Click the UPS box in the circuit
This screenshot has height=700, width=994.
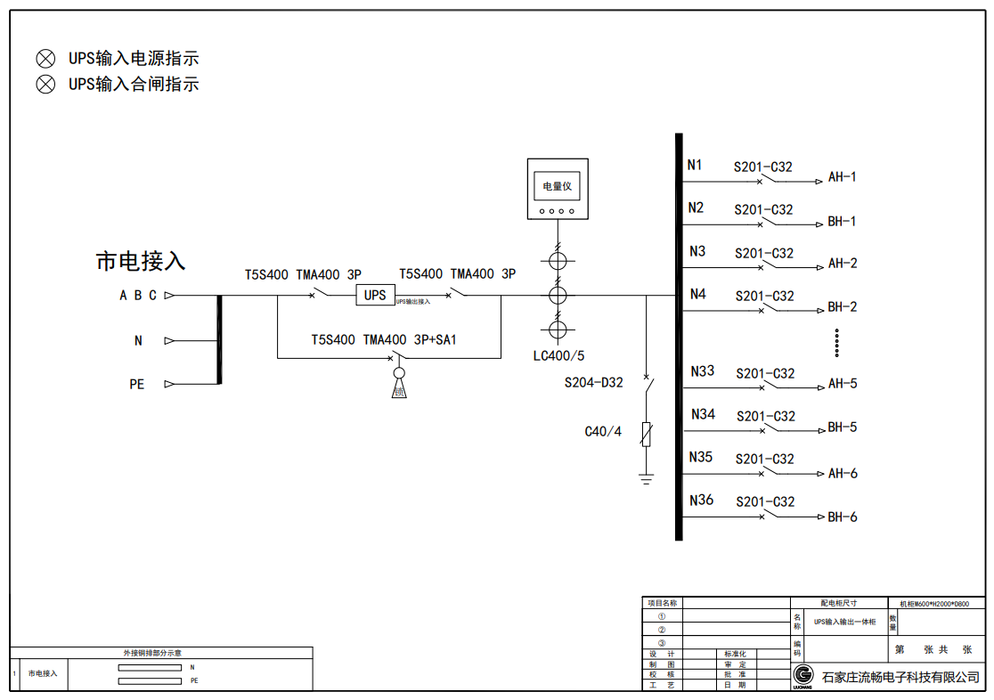(375, 295)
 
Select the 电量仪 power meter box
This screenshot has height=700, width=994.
(558, 189)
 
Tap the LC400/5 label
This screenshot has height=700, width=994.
(559, 356)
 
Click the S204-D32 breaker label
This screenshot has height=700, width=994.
(594, 383)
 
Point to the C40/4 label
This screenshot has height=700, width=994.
(603, 432)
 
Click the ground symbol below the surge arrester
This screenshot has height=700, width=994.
(647, 480)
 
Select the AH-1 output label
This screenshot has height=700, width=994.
(843, 177)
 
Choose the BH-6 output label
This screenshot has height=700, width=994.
(843, 517)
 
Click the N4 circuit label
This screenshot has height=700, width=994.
(698, 294)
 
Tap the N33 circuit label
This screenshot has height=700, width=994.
(703, 371)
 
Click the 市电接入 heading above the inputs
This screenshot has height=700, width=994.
(141, 261)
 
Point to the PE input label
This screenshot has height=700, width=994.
(137, 385)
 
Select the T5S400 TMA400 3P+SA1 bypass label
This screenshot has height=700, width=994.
(384, 340)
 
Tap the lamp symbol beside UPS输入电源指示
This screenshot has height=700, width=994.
(45, 59)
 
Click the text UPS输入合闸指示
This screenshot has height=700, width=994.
(134, 85)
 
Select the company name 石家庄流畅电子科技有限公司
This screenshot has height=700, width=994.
(900, 677)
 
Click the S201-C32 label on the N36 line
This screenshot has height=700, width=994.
(765, 502)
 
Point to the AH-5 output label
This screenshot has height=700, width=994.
(843, 385)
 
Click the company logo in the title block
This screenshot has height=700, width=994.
(803, 675)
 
